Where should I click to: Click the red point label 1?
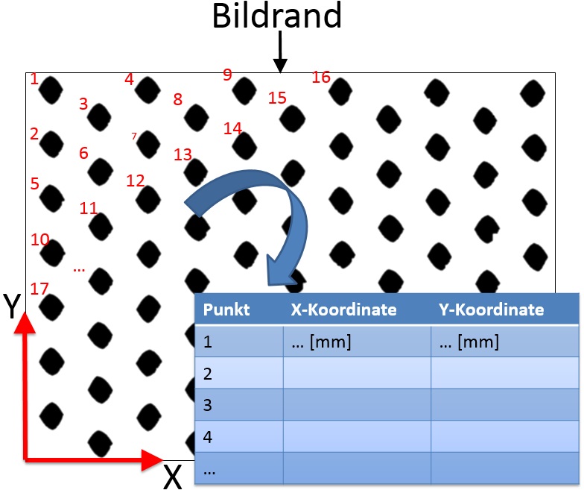pos(34,78)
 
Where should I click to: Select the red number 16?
pos(321,77)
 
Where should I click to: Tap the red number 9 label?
pos(227,75)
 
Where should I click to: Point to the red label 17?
pos(39,288)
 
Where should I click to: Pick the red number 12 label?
pos(135,180)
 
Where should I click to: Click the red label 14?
pos(233,128)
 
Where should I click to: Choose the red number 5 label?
pos(34,183)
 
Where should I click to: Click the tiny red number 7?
pos(134,136)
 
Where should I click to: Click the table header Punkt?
pos(222,310)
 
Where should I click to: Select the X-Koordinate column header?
pos(343,310)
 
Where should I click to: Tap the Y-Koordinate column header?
pos(492,310)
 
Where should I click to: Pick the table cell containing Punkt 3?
pos(209,405)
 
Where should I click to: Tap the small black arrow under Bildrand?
pos(280,53)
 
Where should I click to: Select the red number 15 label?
pos(277,98)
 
